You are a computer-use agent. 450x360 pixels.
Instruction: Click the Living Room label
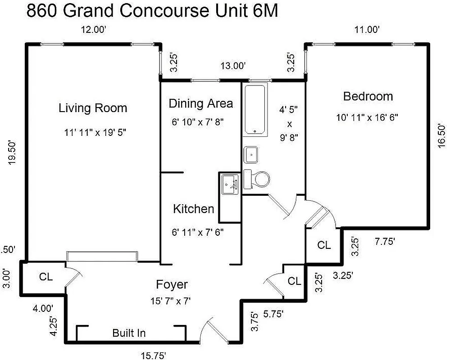click(x=93, y=108)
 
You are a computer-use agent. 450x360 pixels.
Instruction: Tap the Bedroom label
click(x=368, y=96)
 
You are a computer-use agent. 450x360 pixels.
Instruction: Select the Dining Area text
click(x=200, y=103)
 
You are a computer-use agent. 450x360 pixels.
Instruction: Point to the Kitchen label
click(x=193, y=209)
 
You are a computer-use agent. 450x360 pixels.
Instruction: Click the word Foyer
click(x=172, y=284)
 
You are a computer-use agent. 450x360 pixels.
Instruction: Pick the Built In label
click(x=129, y=333)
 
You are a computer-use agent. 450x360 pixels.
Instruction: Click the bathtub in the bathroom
click(x=255, y=109)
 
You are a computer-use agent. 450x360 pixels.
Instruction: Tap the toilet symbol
click(x=257, y=179)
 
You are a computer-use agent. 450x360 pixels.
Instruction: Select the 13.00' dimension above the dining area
click(x=233, y=66)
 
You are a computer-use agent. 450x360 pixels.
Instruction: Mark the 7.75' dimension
click(x=385, y=242)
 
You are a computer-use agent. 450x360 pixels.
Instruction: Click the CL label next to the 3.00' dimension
click(x=45, y=277)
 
